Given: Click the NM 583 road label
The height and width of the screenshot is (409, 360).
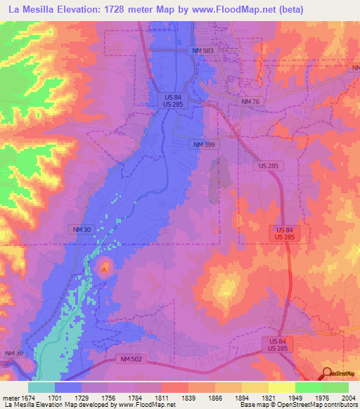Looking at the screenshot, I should pyautogui.click(x=202, y=51).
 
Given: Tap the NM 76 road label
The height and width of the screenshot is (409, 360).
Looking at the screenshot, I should pyautogui.click(x=250, y=102).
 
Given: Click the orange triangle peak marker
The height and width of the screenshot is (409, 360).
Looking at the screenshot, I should pyautogui.click(x=105, y=268).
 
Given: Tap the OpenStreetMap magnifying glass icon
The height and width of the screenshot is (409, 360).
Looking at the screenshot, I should pyautogui.click(x=326, y=373).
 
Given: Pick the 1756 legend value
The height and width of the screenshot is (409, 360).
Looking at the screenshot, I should pyautogui.click(x=108, y=397).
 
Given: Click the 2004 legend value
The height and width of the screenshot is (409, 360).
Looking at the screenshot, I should pyautogui.click(x=348, y=397).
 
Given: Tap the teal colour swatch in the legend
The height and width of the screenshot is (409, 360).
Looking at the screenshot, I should pyautogui.click(x=41, y=387).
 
